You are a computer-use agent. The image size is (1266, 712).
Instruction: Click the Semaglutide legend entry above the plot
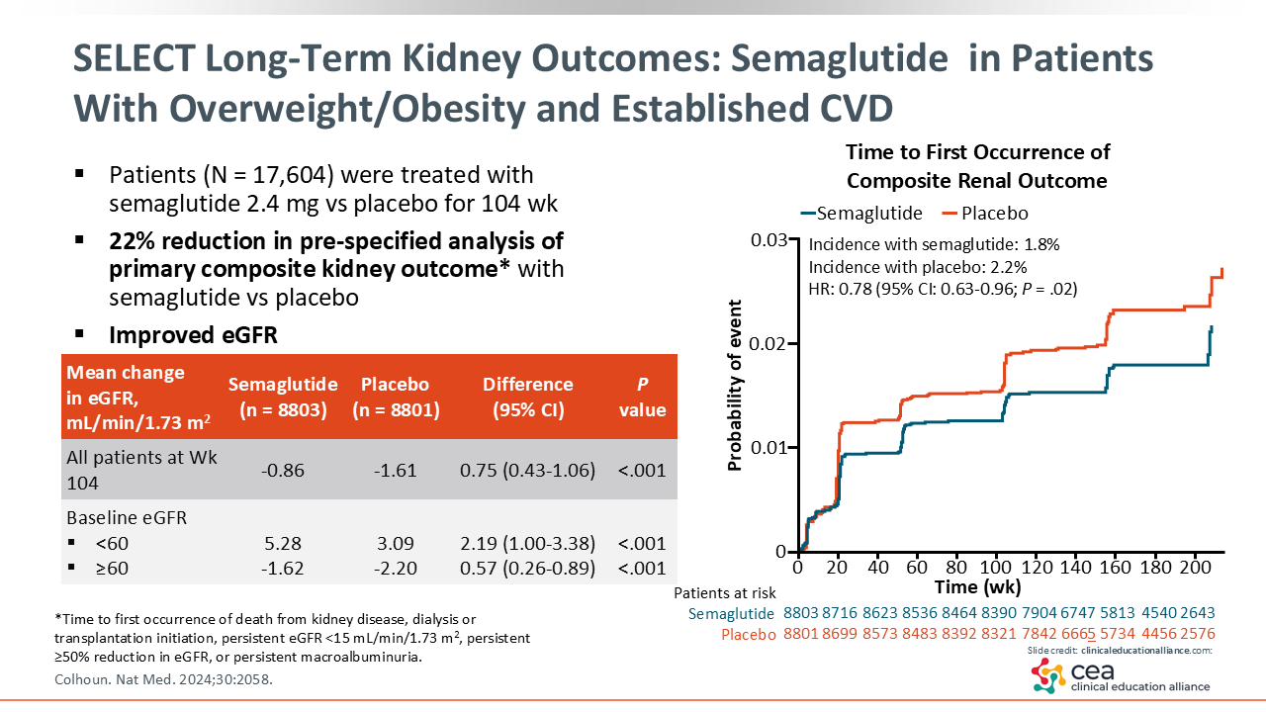[x=861, y=213]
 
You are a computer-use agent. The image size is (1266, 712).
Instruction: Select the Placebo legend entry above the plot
[x=985, y=213]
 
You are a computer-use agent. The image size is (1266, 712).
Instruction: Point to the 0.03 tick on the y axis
[x=769, y=240]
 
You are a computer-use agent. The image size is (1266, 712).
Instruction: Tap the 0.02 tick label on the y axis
[x=769, y=343]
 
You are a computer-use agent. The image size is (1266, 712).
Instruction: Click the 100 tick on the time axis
[x=996, y=567]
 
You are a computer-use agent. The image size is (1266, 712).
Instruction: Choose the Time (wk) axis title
[x=978, y=587]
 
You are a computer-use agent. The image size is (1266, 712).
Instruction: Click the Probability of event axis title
[x=734, y=385]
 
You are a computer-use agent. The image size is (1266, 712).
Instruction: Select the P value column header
[x=643, y=397]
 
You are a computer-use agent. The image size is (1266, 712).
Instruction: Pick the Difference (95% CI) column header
[x=528, y=397]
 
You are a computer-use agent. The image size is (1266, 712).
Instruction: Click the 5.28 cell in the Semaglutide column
[x=283, y=543]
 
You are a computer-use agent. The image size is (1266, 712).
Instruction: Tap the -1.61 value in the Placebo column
[x=395, y=470]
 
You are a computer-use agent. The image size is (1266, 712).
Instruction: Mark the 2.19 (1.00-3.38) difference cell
[x=527, y=543]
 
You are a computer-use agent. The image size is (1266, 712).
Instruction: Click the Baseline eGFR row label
[x=127, y=517]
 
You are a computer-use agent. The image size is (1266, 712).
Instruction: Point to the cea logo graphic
[x=1047, y=675]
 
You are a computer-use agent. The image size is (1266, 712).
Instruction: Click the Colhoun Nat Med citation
[x=163, y=679]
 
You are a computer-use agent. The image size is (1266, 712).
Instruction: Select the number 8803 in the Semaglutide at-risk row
[x=801, y=612]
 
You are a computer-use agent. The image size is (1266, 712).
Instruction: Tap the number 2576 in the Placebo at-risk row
[x=1197, y=634]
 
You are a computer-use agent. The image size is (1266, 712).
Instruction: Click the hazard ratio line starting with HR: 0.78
[x=943, y=290]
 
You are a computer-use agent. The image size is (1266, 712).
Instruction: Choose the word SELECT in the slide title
[x=135, y=58]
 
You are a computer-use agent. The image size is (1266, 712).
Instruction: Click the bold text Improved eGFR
[x=193, y=335]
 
